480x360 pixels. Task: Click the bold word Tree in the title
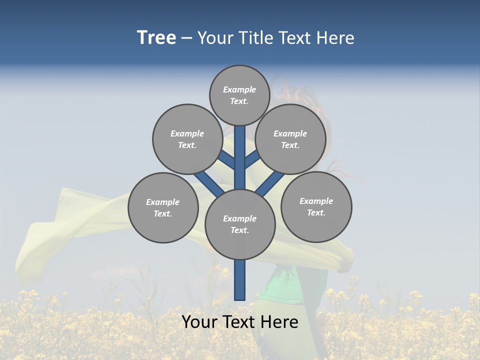tap(156, 38)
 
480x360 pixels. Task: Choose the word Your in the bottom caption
tap(200, 322)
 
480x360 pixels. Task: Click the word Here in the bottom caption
tap(280, 322)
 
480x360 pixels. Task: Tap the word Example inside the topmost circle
tap(239, 89)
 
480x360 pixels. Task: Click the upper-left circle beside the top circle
tap(187, 139)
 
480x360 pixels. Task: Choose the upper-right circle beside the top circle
tap(290, 139)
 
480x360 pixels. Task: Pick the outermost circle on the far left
tap(163, 207)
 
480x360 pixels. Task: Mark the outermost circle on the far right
tap(316, 206)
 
